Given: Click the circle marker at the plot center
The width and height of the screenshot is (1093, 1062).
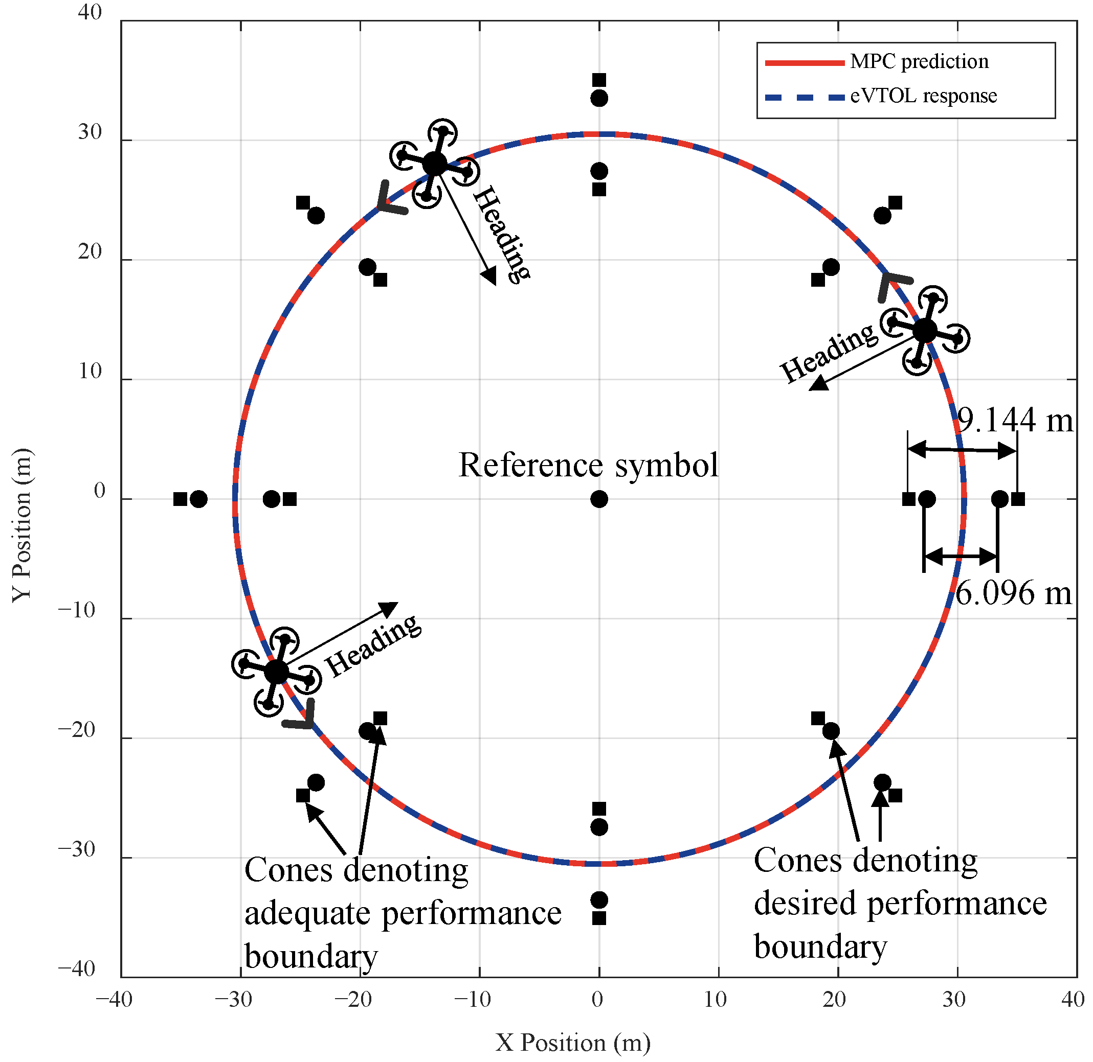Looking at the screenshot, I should pyautogui.click(x=599, y=499).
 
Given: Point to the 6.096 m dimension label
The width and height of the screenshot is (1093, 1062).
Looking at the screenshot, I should pyautogui.click(x=1013, y=593).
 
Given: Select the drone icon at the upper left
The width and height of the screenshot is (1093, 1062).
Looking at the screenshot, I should pyautogui.click(x=434, y=164).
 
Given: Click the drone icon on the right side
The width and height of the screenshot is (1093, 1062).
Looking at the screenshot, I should pyautogui.click(x=924, y=331).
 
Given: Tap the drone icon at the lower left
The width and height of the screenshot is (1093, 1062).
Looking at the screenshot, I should pyautogui.click(x=276, y=672).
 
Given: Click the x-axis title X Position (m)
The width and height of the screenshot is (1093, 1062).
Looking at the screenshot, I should pyautogui.click(x=573, y=1042).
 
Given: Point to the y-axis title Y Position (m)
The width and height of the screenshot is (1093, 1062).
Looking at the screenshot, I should pyautogui.click(x=23, y=524).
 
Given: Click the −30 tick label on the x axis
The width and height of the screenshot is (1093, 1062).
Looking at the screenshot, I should pyautogui.click(x=234, y=999).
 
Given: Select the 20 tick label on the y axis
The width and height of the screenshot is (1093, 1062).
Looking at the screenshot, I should pyautogui.click(x=90, y=252).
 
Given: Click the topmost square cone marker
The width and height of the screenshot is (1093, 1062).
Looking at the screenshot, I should pyautogui.click(x=599, y=80).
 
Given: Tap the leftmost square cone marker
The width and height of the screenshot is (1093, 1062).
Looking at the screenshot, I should pyautogui.click(x=180, y=499).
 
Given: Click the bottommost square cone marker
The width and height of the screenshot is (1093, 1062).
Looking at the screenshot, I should pyautogui.click(x=599, y=918).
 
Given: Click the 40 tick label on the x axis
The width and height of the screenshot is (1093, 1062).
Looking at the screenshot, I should pyautogui.click(x=1073, y=999).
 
